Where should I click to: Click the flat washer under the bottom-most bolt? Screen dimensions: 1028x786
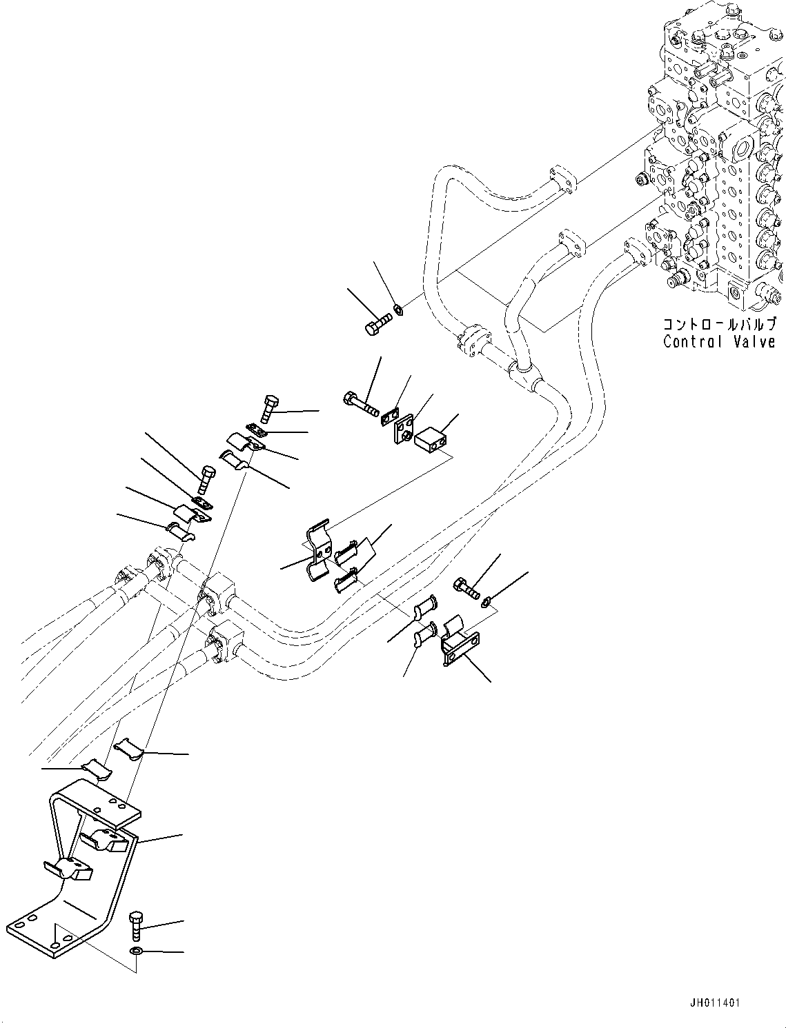pyautogui.click(x=137, y=951)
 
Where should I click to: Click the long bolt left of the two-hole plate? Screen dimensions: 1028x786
pyautogui.click(x=360, y=403)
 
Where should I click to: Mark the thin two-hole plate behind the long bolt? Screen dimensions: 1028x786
pyautogui.click(x=390, y=417)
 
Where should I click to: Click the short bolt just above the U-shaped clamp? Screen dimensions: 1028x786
pyautogui.click(x=467, y=589)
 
